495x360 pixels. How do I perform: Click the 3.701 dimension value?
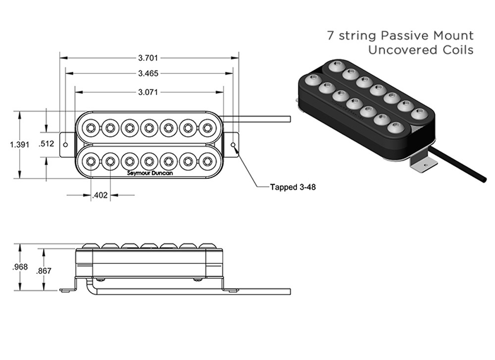click(x=148, y=58)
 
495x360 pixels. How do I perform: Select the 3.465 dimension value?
click(x=148, y=73)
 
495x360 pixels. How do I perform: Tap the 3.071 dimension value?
click(x=148, y=92)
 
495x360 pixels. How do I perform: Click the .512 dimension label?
click(x=46, y=144)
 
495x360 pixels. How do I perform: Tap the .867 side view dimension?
click(x=44, y=270)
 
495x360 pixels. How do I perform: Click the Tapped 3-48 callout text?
click(x=293, y=188)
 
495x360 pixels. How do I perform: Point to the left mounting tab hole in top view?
click(x=66, y=144)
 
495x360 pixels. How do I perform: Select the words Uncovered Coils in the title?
click(x=420, y=50)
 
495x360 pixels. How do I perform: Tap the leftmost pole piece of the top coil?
click(x=90, y=128)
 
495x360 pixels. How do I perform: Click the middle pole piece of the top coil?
click(x=149, y=128)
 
